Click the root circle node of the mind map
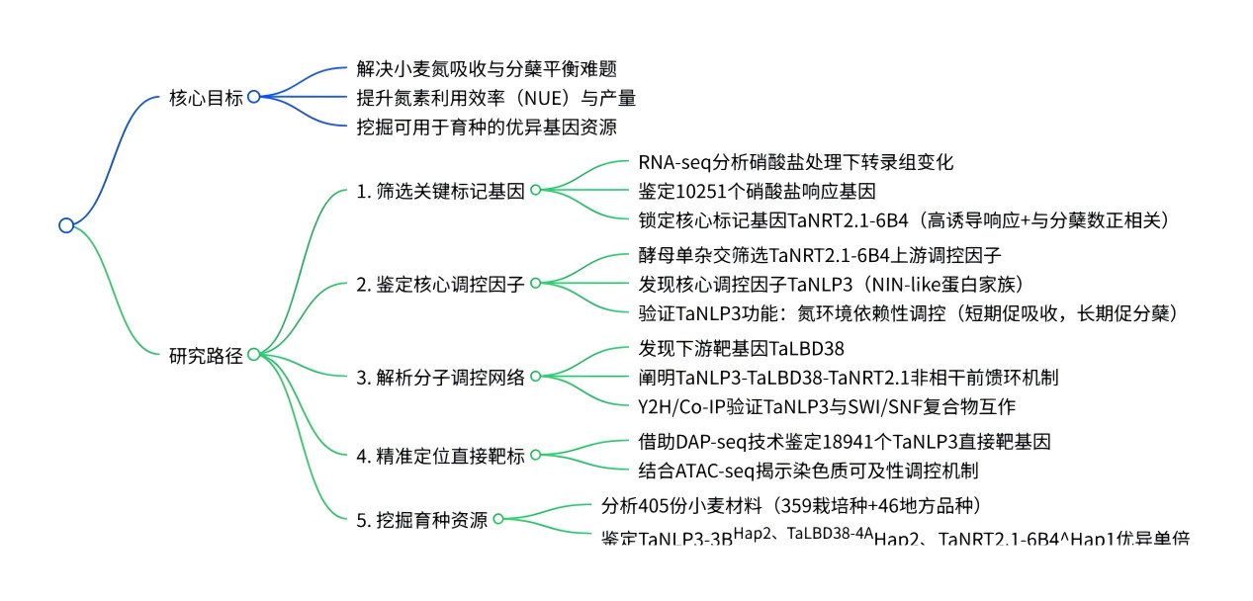[x=66, y=225]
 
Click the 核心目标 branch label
[x=206, y=98]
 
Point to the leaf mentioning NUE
[x=495, y=98]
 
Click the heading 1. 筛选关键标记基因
[x=440, y=191]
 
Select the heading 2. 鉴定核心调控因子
[x=440, y=284]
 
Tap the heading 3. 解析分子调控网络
[x=440, y=377]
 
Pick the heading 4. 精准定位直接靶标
[x=440, y=455]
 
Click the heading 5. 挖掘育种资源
[x=421, y=520]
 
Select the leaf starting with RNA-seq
[x=795, y=162]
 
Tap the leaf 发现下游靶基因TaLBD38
[x=741, y=349]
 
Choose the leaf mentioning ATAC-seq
[x=809, y=470]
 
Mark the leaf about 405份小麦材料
[x=790, y=506]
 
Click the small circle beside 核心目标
[x=253, y=97]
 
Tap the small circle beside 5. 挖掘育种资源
[x=498, y=519]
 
